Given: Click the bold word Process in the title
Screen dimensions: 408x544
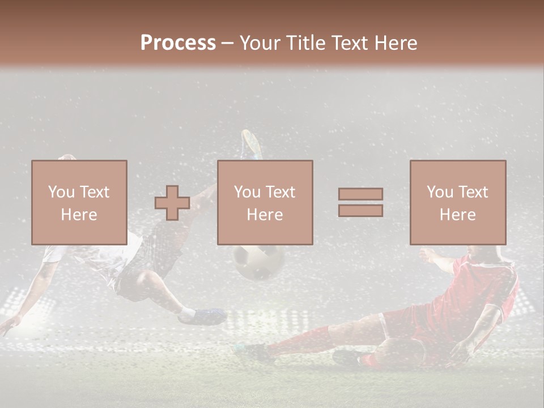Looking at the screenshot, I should click(x=178, y=42).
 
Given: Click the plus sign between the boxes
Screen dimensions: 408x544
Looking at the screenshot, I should click(x=172, y=203).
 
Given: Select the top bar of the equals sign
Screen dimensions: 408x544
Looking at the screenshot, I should click(x=360, y=194).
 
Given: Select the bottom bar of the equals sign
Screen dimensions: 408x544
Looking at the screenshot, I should click(x=360, y=210).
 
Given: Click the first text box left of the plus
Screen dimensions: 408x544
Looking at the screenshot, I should click(x=79, y=202).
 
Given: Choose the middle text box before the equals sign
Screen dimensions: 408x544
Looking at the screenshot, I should click(x=265, y=202).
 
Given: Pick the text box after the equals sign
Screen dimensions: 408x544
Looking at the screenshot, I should click(x=457, y=202).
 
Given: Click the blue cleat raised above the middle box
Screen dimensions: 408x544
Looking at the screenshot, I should click(x=250, y=144).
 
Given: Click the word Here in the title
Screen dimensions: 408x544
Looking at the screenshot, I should click(x=396, y=42).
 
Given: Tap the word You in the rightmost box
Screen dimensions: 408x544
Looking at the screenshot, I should click(x=440, y=192).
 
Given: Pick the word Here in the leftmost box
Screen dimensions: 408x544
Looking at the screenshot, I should click(x=79, y=215).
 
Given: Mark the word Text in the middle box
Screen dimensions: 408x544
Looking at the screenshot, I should click(x=280, y=192).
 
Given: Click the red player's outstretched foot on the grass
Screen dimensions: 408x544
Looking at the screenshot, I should click(x=249, y=352).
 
